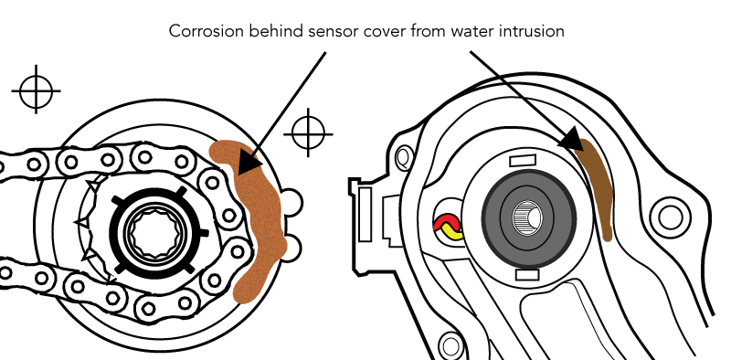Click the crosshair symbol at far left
point(36,90)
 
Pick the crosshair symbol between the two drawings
point(308,133)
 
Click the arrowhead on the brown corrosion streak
point(572,139)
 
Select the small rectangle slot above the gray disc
point(523,161)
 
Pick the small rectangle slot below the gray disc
point(528,275)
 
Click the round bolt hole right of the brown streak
point(671,218)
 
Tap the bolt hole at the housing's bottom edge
point(450,346)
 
